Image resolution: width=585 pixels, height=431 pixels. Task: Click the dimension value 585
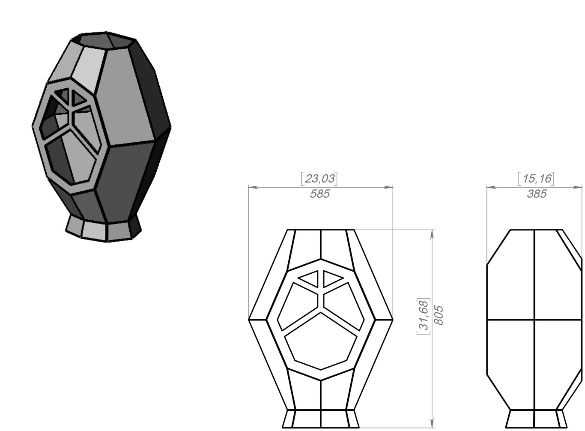point(320,194)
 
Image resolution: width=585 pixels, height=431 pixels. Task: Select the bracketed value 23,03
point(319,179)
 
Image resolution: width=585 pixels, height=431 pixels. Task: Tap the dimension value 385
point(537,194)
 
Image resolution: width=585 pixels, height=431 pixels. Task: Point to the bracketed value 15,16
point(536,179)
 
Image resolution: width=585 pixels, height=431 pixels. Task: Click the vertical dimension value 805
point(439,315)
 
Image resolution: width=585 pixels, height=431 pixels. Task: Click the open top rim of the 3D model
point(107,40)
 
